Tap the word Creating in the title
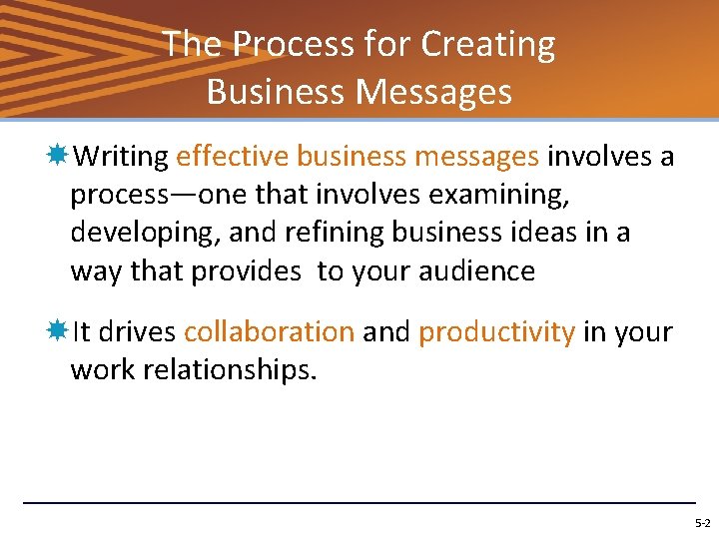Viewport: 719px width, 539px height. tap(488, 45)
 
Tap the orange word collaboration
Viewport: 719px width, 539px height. tap(269, 332)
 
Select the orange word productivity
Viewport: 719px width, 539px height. tap(496, 332)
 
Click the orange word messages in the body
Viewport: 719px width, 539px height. tap(474, 157)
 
